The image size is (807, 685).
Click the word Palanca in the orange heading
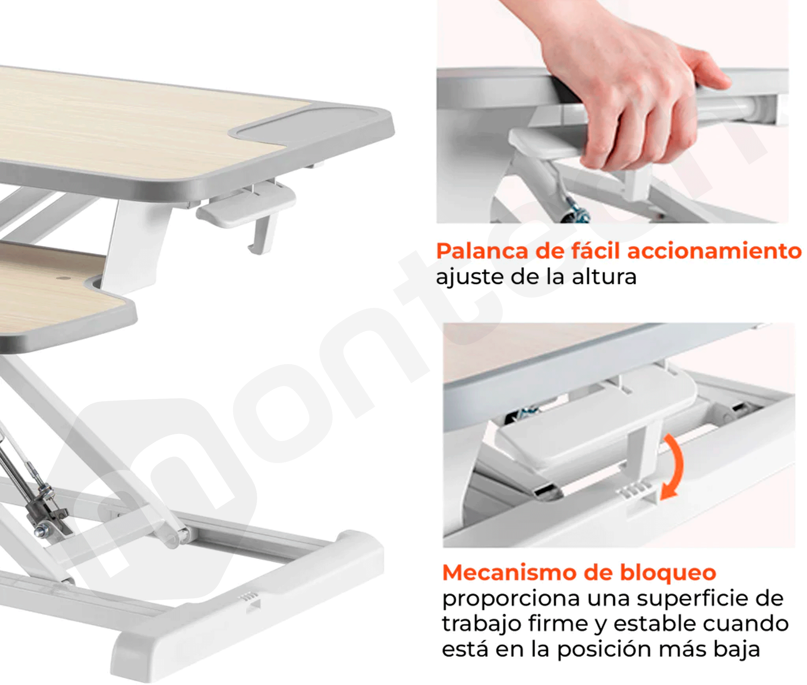[483, 251]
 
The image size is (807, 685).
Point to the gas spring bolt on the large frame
[40, 530]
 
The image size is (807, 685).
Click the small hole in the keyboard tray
[62, 278]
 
